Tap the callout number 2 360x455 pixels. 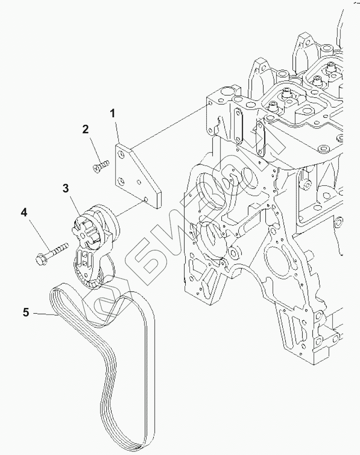pos(85,129)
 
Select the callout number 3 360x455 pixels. pos(66,188)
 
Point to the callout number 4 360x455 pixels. pos(24,212)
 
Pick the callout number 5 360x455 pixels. pos(26,313)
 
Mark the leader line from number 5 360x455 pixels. pos(44,314)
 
